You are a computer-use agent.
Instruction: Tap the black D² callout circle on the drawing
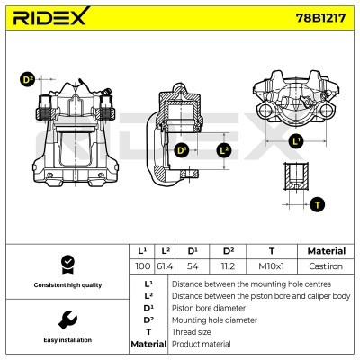coord(28,80)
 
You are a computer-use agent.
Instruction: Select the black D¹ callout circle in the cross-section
coord(182,150)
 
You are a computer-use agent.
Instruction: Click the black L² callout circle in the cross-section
coord(225,150)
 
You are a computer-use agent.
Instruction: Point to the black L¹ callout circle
coord(297,140)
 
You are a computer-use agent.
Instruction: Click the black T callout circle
coord(317,205)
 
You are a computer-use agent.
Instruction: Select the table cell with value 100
coord(141,267)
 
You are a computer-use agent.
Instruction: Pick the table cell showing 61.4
coord(165,267)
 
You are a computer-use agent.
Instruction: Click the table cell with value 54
coord(192,267)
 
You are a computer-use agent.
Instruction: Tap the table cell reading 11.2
coord(228,267)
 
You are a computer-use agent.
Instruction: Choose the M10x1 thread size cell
coord(272,267)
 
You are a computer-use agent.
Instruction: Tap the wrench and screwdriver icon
coord(66,320)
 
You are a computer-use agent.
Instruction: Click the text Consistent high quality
coord(66,285)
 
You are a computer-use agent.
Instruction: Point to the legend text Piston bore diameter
coord(209,307)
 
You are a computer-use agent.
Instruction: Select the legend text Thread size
coord(193,331)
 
